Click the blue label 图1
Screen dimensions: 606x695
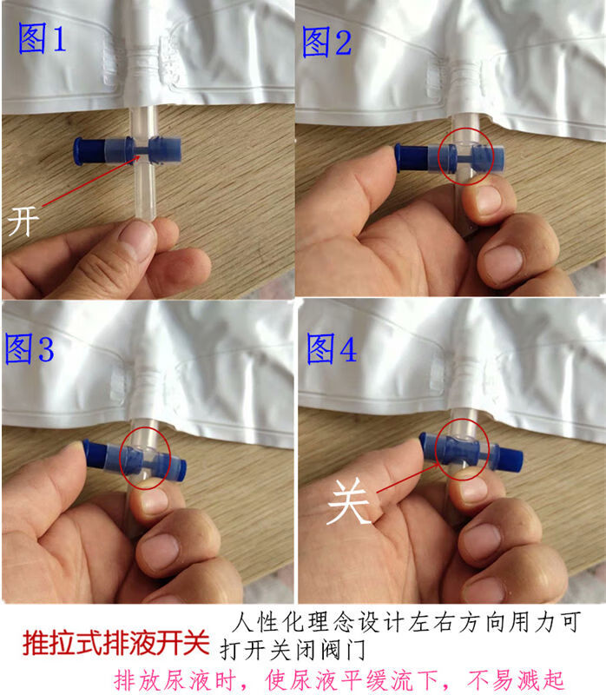tap(42, 38)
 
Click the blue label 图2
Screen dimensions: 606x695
tap(327, 42)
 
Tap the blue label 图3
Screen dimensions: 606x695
tap(30, 349)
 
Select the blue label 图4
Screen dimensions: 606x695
tap(332, 349)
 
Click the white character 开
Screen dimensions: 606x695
tap(23, 222)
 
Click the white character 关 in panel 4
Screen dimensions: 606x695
tap(348, 502)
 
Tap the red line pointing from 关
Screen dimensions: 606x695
tap(408, 478)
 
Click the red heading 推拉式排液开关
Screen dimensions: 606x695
tap(116, 642)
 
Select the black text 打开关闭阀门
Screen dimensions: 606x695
tap(293, 650)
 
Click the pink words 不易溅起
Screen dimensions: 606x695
tap(515, 680)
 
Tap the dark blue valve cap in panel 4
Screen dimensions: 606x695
tap(510, 458)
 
